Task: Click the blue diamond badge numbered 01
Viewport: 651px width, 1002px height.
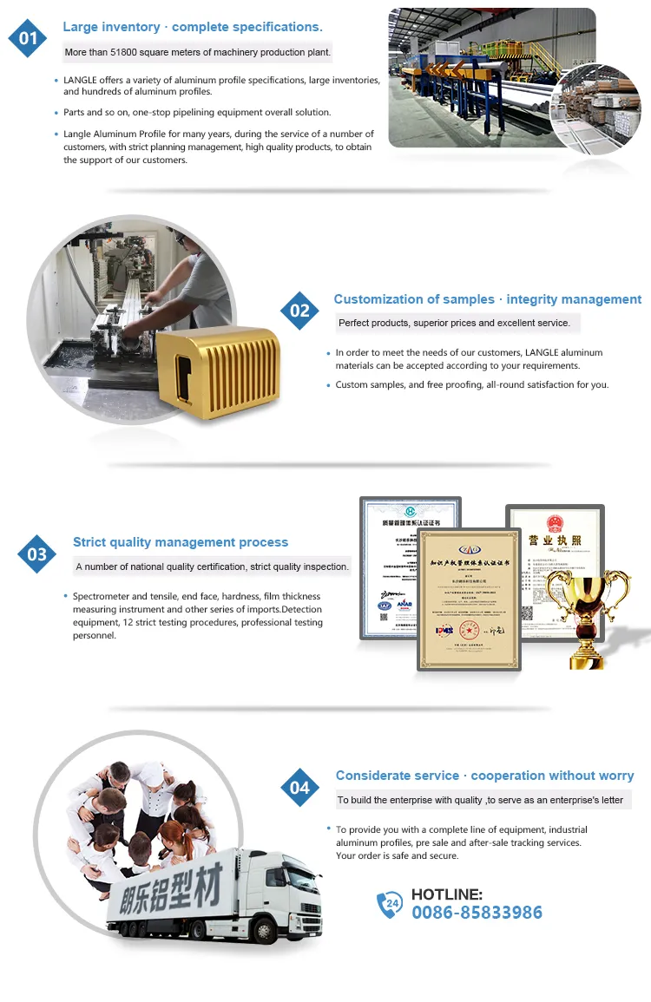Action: pos(28,38)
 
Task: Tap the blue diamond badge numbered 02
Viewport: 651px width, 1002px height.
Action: pos(299,311)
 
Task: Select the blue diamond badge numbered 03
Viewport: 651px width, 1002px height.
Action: pos(36,553)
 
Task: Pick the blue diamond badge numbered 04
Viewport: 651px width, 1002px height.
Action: pos(299,787)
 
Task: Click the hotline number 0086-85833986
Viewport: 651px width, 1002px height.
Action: pos(477,913)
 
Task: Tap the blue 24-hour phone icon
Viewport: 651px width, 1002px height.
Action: pos(390,905)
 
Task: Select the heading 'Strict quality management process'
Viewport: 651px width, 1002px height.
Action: pos(181,542)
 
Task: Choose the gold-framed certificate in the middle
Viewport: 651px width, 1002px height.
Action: pos(469,599)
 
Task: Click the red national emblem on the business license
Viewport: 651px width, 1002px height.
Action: pos(555,523)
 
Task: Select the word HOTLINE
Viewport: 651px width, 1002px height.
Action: pos(447,894)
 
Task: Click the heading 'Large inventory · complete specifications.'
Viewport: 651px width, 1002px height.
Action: pos(193,27)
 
